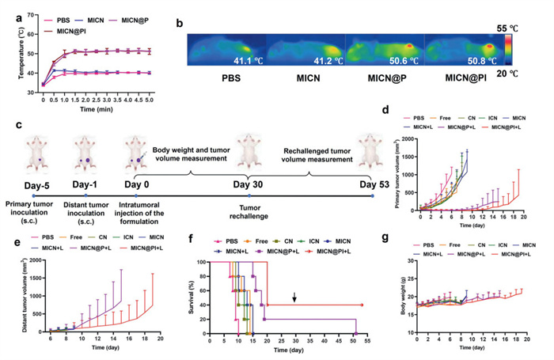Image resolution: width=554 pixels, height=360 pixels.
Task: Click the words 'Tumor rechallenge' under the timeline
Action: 249,207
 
